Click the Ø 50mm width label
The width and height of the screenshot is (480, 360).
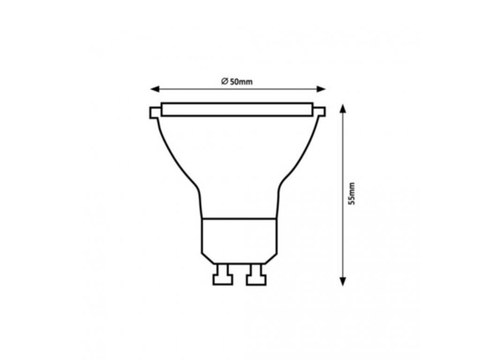click(x=237, y=82)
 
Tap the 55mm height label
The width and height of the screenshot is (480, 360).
click(x=352, y=194)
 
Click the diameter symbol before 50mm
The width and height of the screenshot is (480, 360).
click(x=225, y=81)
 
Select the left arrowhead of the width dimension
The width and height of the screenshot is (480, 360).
click(x=155, y=89)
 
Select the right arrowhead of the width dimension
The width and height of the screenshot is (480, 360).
click(x=321, y=89)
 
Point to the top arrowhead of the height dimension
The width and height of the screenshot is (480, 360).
click(x=343, y=109)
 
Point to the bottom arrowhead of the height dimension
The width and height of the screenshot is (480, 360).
click(x=343, y=281)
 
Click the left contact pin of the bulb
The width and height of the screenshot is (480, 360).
click(x=223, y=275)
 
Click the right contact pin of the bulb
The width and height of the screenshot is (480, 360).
click(x=256, y=275)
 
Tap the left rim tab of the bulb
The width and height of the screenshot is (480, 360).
click(x=155, y=112)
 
